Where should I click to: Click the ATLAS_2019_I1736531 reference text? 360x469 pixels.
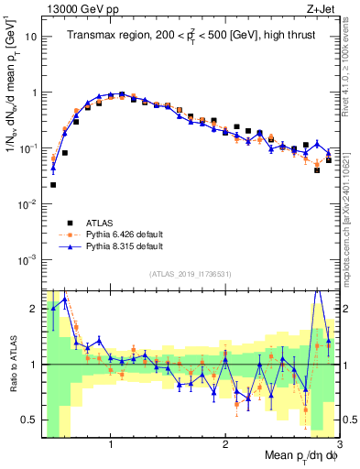click(191, 274)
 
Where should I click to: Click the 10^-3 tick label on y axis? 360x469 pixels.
click(28, 259)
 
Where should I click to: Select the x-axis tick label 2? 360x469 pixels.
click(225, 443)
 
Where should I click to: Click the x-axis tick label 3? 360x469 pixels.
click(339, 443)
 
